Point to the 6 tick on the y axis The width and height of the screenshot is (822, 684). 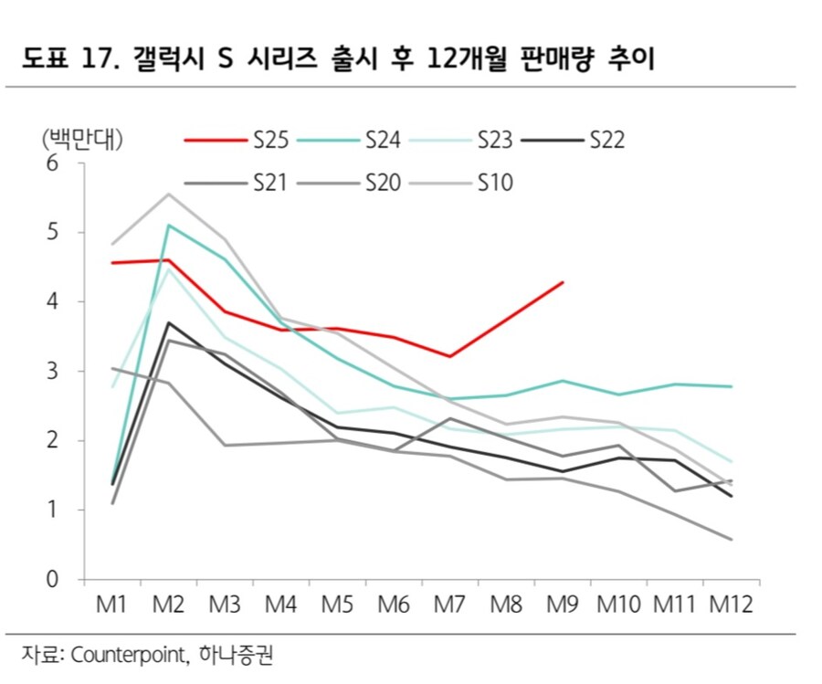(x=52, y=163)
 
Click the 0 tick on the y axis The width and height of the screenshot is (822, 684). (x=52, y=580)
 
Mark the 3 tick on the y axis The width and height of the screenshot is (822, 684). (x=52, y=372)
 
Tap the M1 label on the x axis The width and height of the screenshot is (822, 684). (x=111, y=605)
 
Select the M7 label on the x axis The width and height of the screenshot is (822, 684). (x=449, y=605)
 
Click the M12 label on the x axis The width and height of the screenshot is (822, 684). (x=732, y=605)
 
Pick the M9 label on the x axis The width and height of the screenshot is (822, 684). (x=563, y=605)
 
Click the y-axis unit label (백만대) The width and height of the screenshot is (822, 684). (x=83, y=140)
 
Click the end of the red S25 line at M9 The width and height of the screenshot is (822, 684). (x=564, y=282)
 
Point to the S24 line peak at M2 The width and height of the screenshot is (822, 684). (x=169, y=225)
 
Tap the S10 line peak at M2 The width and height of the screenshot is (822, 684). (x=169, y=194)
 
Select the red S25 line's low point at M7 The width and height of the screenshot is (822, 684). (x=450, y=356)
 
